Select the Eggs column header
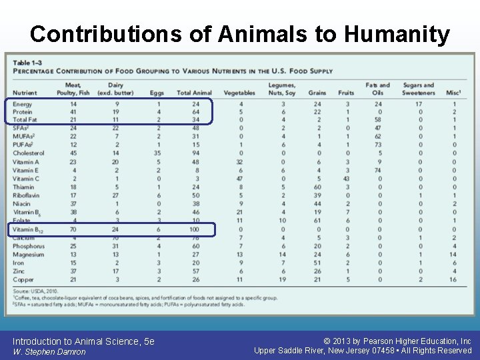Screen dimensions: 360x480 pos(157,93)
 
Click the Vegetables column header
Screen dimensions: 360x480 pos(239,93)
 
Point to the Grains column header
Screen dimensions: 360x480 pos(317,93)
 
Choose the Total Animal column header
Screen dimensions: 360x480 pos(194,93)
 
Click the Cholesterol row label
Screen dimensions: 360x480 pos(28,153)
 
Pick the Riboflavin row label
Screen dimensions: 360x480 pos(27,195)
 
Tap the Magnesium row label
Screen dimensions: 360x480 pos(29,254)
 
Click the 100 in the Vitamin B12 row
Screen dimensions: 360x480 pos(195,229)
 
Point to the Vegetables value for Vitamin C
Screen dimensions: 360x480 pos(240,179)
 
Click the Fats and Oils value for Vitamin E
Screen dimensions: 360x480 pos(378,170)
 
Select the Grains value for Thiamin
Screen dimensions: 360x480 pos(317,187)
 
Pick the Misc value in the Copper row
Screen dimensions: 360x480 pos(454,279)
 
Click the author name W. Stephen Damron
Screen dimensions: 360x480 pos(49,351)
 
